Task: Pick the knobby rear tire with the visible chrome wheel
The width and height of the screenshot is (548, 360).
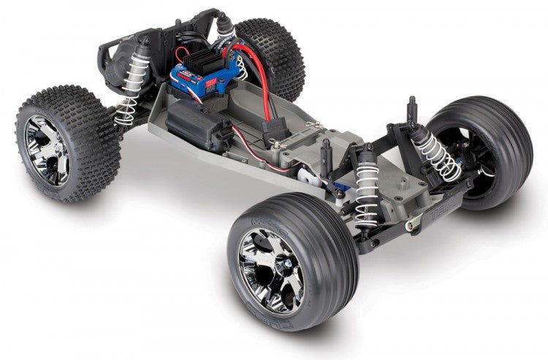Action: (66, 142)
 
